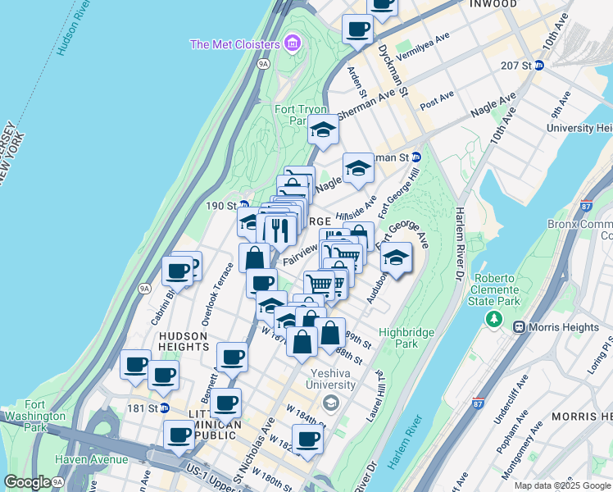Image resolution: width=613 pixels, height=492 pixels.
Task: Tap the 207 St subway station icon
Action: pyautogui.click(x=538, y=65)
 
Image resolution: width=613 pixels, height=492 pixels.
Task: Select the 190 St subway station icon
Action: pyautogui.click(x=243, y=205)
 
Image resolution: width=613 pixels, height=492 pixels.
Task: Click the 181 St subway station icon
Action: pyautogui.click(x=164, y=408)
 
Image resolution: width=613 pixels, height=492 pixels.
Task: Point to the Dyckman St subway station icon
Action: pyautogui.click(x=415, y=157)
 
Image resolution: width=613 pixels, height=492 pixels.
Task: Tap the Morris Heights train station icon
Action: pyautogui.click(x=518, y=327)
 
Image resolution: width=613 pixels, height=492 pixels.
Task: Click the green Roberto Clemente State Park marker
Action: pyautogui.click(x=493, y=317)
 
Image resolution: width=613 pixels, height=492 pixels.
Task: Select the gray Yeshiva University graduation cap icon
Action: pyautogui.click(x=329, y=402)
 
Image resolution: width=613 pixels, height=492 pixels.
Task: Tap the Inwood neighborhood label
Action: pyautogui.click(x=493, y=4)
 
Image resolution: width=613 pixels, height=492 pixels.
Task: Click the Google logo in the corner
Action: pyautogui.click(x=27, y=482)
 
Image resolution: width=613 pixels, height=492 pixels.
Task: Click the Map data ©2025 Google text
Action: pyautogui.click(x=561, y=485)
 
